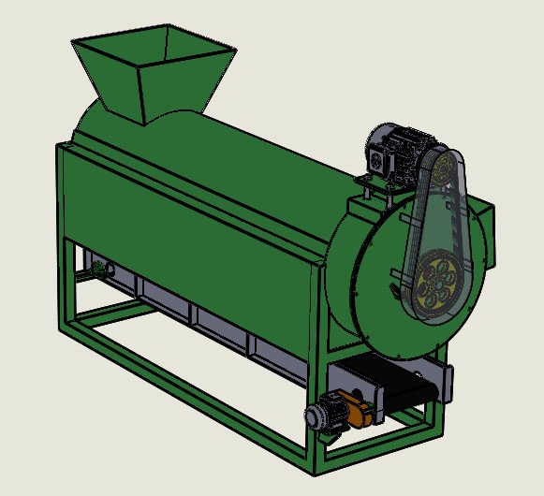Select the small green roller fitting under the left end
(x=97, y=270)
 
